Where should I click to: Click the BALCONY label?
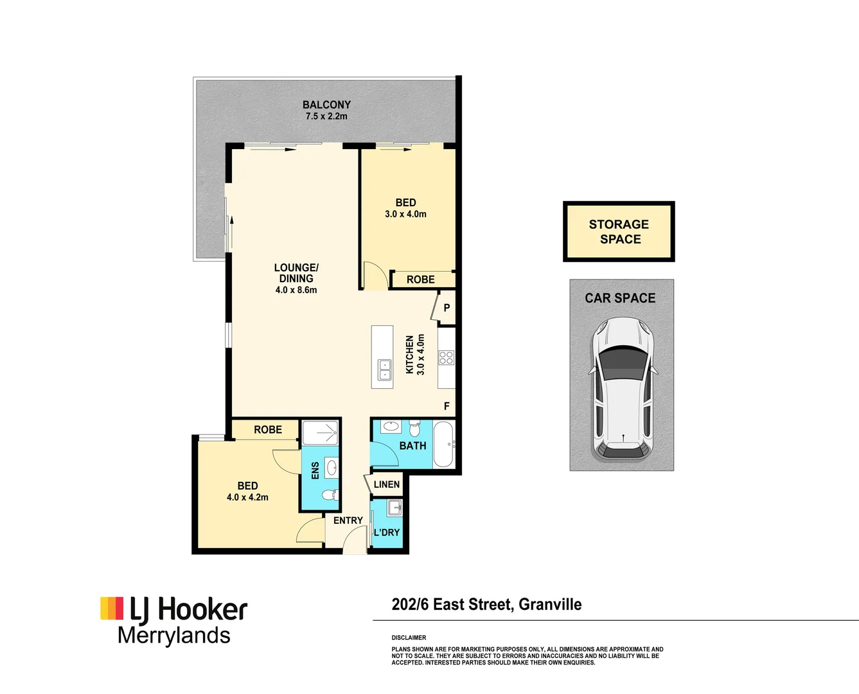pos(326,105)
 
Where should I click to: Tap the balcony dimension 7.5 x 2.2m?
pos(326,116)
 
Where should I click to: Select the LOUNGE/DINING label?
pos(296,273)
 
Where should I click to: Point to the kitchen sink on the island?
pos(385,369)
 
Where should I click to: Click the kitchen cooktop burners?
pos(447,358)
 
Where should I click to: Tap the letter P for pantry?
pos(447,308)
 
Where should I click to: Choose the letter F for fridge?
pos(447,406)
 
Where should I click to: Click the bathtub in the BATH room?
pos(443,444)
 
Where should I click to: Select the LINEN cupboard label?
pos(387,485)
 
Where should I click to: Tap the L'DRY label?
pos(387,532)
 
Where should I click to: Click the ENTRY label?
pos(348,520)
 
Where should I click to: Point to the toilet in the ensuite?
pos(330,496)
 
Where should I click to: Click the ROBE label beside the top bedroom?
pos(421,280)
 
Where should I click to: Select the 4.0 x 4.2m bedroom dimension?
pos(247,497)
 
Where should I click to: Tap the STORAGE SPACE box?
pos(619,231)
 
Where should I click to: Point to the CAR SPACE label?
pos(620,298)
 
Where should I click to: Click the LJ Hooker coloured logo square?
pos(112,609)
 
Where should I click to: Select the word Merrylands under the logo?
pos(174,636)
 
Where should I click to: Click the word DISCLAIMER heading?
pos(409,638)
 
